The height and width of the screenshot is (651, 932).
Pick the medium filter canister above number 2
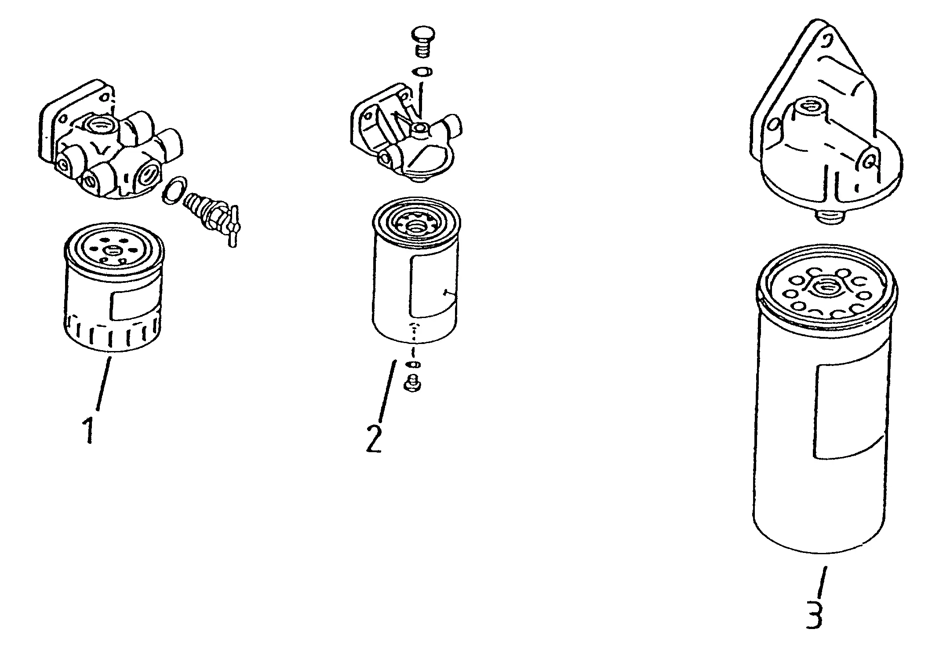point(416,270)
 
